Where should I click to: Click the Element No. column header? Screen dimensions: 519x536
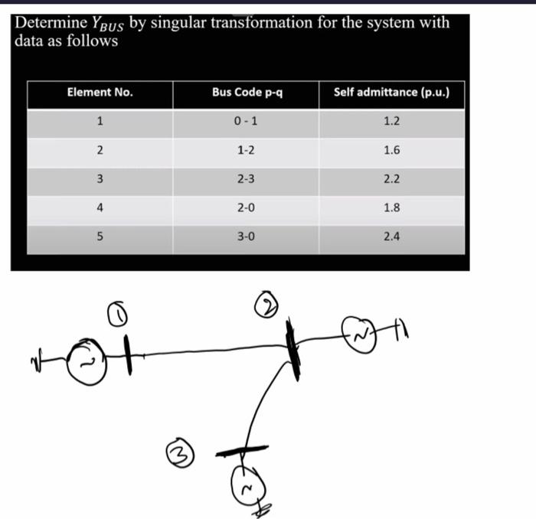(x=100, y=93)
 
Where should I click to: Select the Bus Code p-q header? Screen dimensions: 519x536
(x=247, y=93)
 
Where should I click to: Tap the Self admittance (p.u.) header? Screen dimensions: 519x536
(x=391, y=93)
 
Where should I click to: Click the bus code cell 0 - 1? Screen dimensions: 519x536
(x=247, y=121)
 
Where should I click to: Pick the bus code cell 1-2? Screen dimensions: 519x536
(x=247, y=150)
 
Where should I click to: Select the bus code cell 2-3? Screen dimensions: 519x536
(x=247, y=178)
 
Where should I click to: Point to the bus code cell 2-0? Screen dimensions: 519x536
(x=247, y=207)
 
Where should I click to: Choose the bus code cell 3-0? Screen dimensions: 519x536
(x=247, y=237)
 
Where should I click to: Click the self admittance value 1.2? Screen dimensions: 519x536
(x=391, y=121)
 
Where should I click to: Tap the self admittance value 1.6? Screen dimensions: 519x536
(x=391, y=150)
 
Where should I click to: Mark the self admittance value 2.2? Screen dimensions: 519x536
(x=391, y=178)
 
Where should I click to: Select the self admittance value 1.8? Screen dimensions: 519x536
(x=391, y=207)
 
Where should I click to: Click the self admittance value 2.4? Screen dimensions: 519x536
(x=391, y=237)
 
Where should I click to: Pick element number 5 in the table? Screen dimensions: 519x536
(x=100, y=237)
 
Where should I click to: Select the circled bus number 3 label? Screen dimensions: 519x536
(x=178, y=449)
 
